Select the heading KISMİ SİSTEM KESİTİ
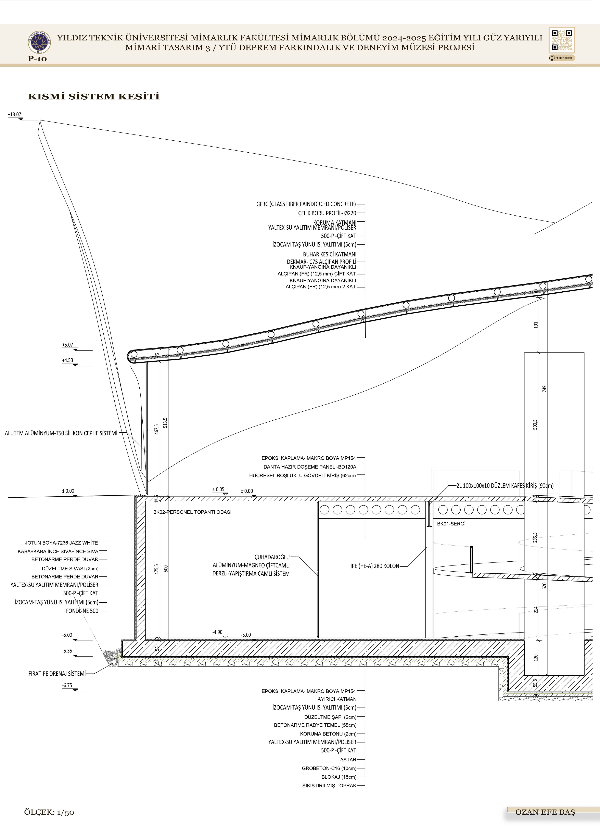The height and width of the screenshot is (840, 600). (94, 97)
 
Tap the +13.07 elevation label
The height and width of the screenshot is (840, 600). (14, 115)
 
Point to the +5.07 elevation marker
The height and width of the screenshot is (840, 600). (68, 345)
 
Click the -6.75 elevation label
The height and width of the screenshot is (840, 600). (67, 685)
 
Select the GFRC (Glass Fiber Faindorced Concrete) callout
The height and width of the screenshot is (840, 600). (306, 204)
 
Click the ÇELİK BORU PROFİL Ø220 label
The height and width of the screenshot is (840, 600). (327, 213)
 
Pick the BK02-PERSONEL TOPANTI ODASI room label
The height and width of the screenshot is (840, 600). (192, 512)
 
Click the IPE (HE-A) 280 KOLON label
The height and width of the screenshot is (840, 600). (375, 566)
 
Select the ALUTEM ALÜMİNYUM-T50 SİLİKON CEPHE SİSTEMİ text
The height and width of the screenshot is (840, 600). (61, 433)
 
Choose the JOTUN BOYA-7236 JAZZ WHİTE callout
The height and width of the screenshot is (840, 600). (61, 543)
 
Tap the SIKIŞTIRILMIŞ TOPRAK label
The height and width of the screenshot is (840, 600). (329, 785)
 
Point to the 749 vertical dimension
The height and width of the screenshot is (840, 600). (544, 389)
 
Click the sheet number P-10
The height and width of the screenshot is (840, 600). (37, 58)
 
